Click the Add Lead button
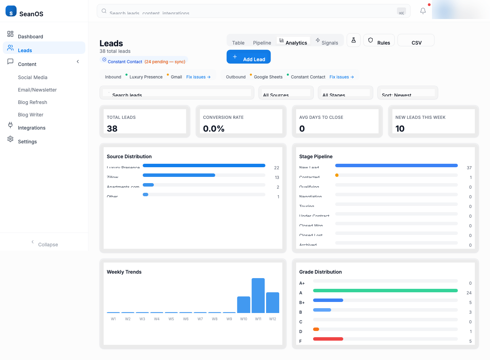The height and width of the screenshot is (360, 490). pyautogui.click(x=248, y=57)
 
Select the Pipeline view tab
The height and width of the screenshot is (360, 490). pyautogui.click(x=262, y=42)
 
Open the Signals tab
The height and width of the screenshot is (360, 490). pyautogui.click(x=327, y=42)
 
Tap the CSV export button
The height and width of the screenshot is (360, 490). pyautogui.click(x=416, y=41)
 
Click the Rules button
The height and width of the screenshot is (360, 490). pyautogui.click(x=379, y=41)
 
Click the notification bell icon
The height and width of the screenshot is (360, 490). pyautogui.click(x=423, y=11)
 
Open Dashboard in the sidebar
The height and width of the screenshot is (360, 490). pyautogui.click(x=30, y=36)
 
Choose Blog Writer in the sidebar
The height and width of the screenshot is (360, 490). pyautogui.click(x=30, y=115)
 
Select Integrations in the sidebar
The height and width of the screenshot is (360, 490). pyautogui.click(x=31, y=128)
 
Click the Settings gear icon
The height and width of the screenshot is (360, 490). pyautogui.click(x=10, y=139)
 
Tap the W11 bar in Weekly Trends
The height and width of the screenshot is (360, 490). pyautogui.click(x=258, y=295)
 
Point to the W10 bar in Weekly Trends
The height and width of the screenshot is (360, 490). pyautogui.click(x=244, y=304)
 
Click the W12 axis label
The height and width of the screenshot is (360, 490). pyautogui.click(x=273, y=319)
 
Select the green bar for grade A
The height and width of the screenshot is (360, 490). pyautogui.click(x=385, y=291)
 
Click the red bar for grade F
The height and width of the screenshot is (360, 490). pyautogui.click(x=328, y=339)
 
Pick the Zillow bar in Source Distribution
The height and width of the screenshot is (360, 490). pyautogui.click(x=179, y=175)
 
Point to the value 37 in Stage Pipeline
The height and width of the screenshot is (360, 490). pyautogui.click(x=469, y=168)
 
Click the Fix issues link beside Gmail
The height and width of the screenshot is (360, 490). pyautogui.click(x=198, y=77)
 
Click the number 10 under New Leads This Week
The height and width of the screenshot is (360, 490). pyautogui.click(x=400, y=129)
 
